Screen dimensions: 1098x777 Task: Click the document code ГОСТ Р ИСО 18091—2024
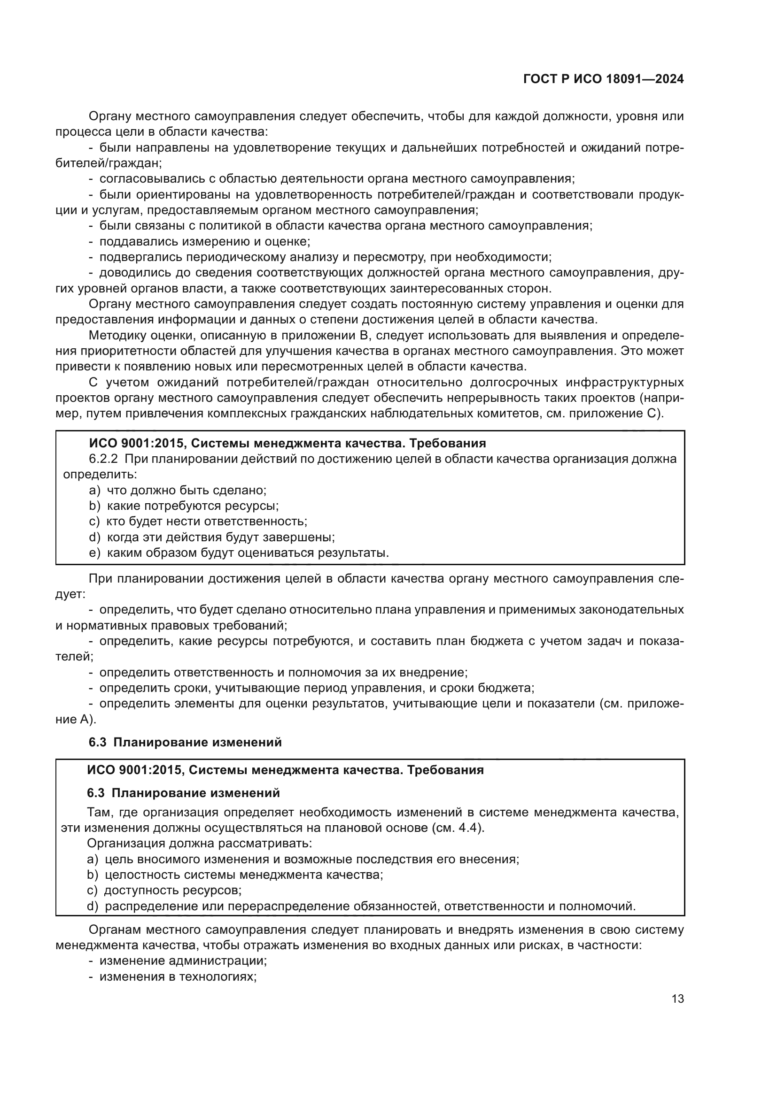pos(603,79)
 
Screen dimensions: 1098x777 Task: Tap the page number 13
pos(677,999)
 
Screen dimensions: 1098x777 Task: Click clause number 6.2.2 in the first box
pos(103,459)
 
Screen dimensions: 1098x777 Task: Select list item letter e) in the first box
pos(95,553)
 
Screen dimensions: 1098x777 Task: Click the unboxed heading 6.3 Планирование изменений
pos(185,743)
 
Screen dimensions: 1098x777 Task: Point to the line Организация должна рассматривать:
pos(199,844)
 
